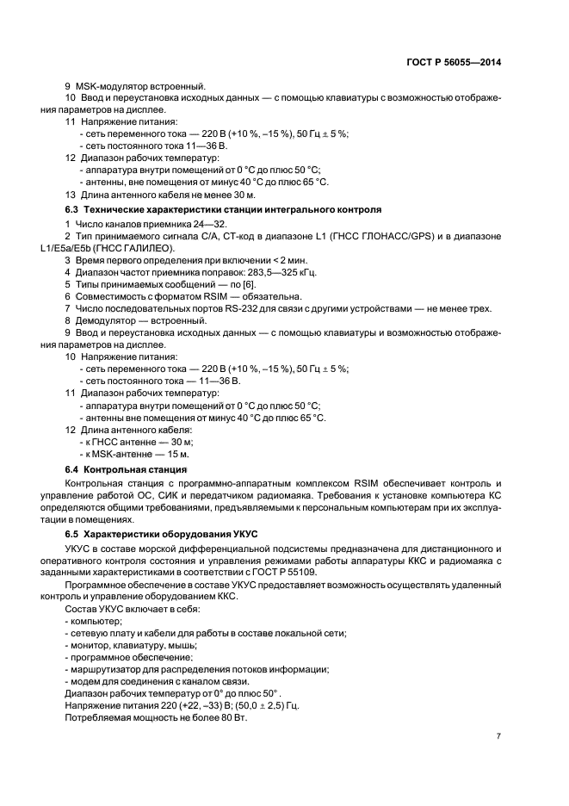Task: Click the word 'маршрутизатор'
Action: [x=109, y=669]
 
